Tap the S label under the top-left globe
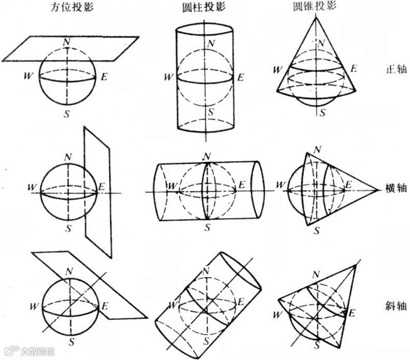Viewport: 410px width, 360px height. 67,114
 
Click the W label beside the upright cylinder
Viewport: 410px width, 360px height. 167,78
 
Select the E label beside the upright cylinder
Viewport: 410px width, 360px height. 241,78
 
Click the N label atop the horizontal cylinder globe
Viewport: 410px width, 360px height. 207,155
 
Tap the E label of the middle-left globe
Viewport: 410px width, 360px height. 102,187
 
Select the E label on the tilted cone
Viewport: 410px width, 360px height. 353,312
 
